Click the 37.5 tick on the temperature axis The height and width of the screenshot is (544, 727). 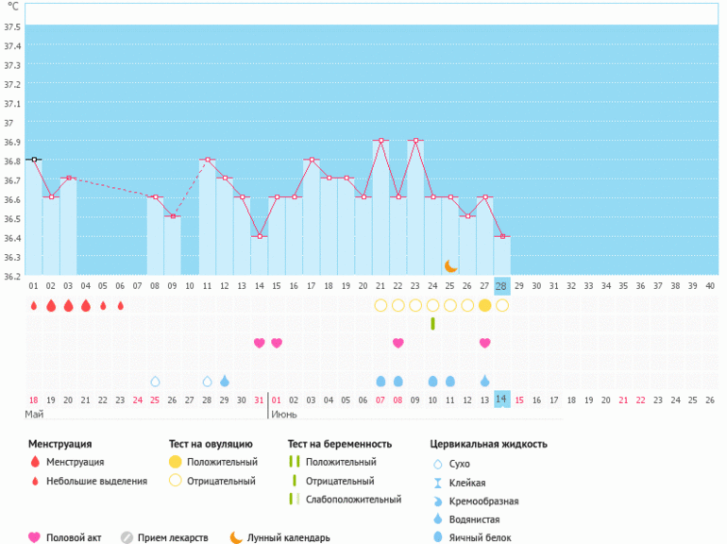pos(12,25)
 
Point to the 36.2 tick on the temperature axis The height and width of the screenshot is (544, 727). pos(12,276)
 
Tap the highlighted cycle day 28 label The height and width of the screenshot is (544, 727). pos(501,285)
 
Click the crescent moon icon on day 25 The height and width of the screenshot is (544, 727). pos(450,266)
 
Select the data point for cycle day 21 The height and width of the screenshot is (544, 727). pos(380,141)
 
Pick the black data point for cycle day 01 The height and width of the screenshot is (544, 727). pos(34,160)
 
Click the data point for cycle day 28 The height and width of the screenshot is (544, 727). pos(501,236)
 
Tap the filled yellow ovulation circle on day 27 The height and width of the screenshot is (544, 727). pos(484,305)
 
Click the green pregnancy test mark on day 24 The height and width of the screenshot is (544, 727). pos(432,324)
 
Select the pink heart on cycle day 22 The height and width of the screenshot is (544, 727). pos(397,343)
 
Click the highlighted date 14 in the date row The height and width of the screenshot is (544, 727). pos(501,399)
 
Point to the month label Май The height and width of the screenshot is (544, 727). pos(34,415)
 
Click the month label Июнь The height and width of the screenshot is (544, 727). pos(285,415)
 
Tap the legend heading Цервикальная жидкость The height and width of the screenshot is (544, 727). pos(488,444)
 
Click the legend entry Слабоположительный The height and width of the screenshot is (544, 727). pos(348,500)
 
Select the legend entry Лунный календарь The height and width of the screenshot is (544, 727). pos(288,537)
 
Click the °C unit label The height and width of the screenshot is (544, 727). pos(12,6)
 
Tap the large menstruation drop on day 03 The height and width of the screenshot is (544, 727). pos(68,305)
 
